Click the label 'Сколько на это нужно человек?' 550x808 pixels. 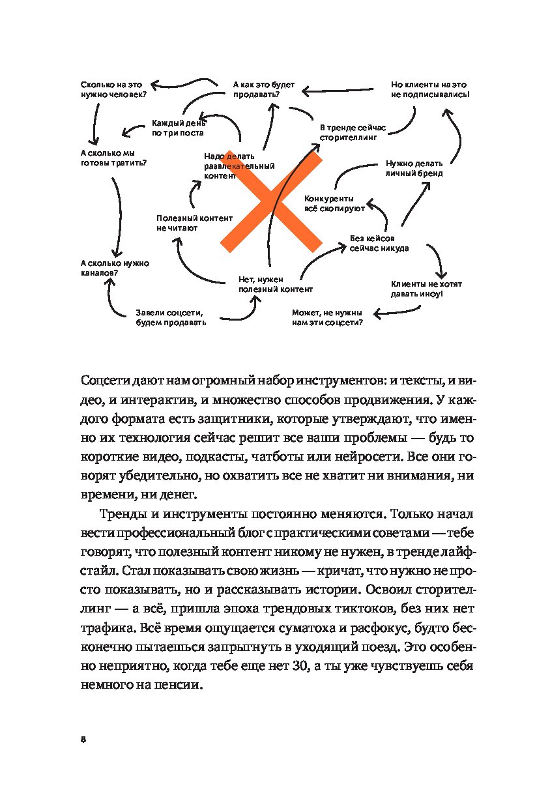click(x=114, y=89)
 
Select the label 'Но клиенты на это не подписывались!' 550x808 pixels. click(x=429, y=89)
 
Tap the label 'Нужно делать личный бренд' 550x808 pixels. click(x=414, y=169)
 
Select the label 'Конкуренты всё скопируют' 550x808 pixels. click(x=330, y=203)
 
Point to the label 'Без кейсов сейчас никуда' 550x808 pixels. click(x=379, y=243)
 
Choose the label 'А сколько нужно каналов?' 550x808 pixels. click(x=106, y=268)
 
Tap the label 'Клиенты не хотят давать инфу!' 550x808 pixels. click(x=426, y=289)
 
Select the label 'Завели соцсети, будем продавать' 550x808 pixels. click(x=171, y=317)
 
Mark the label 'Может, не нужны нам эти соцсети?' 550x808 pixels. click(x=327, y=317)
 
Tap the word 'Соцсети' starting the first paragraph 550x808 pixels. click(x=104, y=380)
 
